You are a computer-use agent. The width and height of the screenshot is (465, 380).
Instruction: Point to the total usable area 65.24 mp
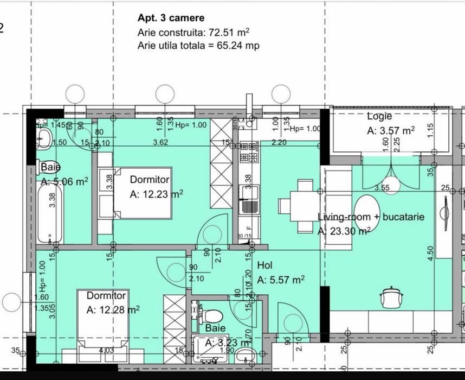click(237, 46)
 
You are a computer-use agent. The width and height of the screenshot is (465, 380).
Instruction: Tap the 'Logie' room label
click(379, 116)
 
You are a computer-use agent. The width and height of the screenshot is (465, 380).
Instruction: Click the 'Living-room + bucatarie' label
click(371, 217)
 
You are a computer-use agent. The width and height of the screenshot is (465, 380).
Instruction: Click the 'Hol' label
click(264, 267)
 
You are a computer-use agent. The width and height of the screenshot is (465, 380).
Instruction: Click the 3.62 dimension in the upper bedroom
click(159, 142)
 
